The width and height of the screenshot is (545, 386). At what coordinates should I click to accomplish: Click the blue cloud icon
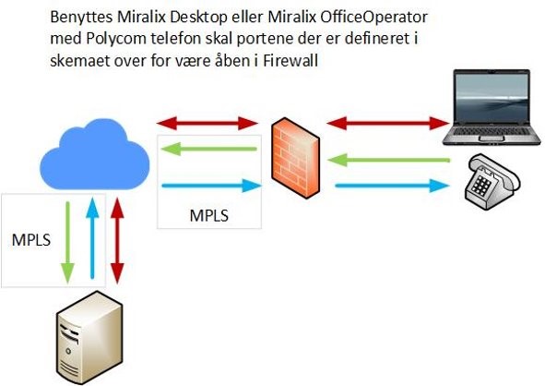coord(95,155)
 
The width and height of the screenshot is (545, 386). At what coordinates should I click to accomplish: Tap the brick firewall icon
coord(295,158)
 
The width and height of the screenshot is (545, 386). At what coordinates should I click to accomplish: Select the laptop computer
coord(492,107)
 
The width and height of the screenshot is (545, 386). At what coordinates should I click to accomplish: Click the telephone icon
coord(492,182)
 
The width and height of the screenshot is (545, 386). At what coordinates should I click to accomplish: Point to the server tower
coord(89,338)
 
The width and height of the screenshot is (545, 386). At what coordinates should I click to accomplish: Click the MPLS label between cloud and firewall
coord(209,216)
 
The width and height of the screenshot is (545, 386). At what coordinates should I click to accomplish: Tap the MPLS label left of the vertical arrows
coord(31,240)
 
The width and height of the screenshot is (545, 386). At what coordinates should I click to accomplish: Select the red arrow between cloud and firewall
coord(207,123)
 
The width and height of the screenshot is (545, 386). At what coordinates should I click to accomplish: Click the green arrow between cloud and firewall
coord(209,149)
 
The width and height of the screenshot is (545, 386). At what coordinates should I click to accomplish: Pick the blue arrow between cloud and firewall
coord(212,186)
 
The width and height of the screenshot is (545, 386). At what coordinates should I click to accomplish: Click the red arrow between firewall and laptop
coord(388,123)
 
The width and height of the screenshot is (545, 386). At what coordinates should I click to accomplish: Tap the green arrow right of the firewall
coord(389,160)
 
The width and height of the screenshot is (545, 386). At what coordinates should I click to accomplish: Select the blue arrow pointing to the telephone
coord(392,186)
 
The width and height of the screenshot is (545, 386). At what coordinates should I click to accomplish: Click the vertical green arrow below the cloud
coord(67,242)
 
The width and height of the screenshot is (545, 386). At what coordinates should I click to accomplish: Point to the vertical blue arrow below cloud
coord(92,238)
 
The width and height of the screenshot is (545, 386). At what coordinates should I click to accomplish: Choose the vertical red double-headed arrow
coord(117,240)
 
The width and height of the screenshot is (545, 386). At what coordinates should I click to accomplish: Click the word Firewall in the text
coord(290,61)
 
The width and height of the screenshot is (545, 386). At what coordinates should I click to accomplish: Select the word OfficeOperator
coord(373,17)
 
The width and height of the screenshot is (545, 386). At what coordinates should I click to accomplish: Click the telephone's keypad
coord(481,186)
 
